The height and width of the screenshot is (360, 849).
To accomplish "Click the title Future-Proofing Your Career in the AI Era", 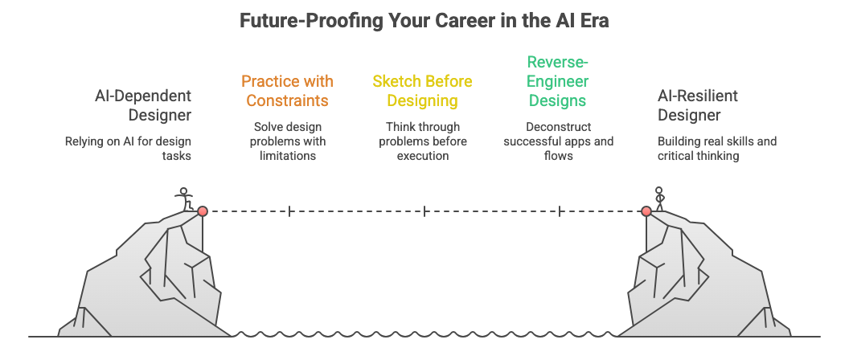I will click(424, 21).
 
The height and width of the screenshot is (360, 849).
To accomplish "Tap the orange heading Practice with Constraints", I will click(287, 91).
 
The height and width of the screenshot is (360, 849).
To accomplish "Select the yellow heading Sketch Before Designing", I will click(422, 91).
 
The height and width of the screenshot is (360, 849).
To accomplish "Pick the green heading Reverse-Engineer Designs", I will click(558, 81).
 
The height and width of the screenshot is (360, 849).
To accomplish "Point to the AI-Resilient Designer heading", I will click(698, 105).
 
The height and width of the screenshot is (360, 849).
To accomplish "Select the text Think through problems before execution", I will click(422, 141).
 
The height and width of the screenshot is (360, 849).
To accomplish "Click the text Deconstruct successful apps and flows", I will click(558, 141).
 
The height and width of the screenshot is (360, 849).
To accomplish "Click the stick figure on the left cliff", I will click(186, 198).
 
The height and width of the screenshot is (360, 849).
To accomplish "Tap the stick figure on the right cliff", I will click(659, 198).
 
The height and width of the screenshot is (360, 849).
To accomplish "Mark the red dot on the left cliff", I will click(203, 211).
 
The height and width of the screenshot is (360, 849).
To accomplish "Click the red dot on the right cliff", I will click(646, 211).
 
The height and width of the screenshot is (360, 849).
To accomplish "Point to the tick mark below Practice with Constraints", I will click(289, 211).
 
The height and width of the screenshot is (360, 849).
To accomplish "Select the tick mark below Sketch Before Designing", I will click(424, 211).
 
